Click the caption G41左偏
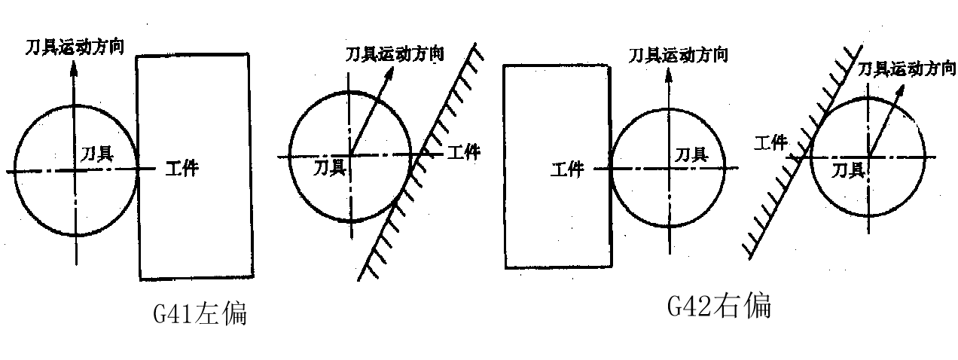(x=200, y=314)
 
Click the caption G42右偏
(x=719, y=306)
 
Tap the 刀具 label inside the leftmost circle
(x=97, y=154)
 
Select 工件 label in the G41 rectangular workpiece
(x=182, y=168)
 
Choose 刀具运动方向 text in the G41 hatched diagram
(x=394, y=54)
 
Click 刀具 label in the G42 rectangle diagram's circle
(x=691, y=155)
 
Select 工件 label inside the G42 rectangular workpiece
(x=567, y=169)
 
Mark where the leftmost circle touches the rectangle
(x=138, y=170)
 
